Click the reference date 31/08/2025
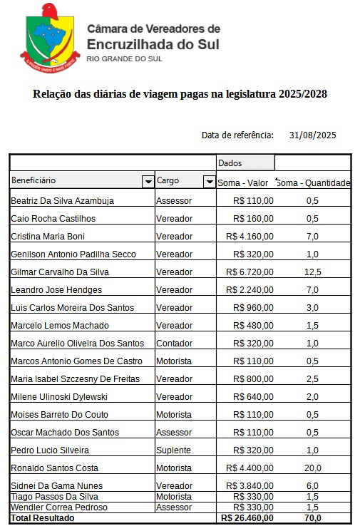312,135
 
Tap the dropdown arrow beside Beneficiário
148,182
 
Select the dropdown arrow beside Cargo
209,182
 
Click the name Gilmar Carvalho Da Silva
61,272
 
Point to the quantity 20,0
312,468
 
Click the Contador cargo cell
174,344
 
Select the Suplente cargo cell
173,450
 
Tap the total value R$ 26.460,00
247,518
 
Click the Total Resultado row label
43,518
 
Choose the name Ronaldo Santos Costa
54,468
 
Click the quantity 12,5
312,272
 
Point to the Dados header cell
230,163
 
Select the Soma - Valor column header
243,183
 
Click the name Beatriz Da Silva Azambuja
62,201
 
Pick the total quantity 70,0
312,518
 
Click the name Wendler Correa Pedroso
59,507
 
